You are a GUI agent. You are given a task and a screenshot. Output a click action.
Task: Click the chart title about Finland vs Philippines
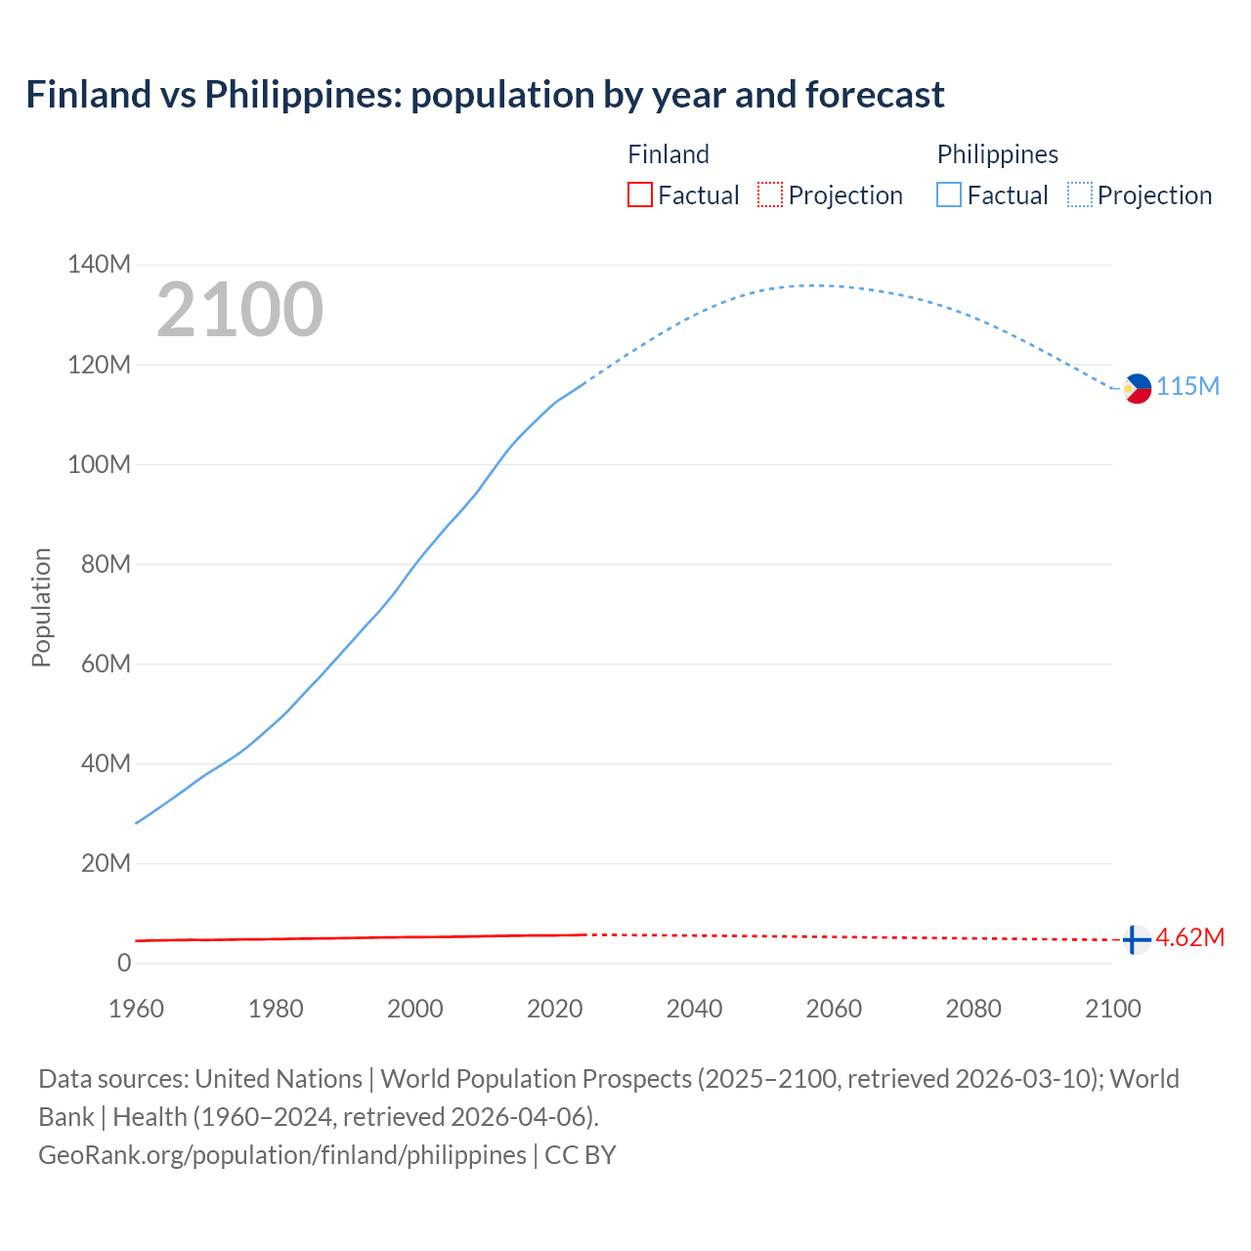485,95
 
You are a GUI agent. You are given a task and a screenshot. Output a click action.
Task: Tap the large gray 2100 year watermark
239,310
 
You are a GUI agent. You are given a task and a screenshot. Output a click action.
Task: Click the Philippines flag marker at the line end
1137,388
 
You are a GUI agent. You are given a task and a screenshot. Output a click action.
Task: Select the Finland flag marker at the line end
1135,940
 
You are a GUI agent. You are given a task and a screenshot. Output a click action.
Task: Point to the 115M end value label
1187,386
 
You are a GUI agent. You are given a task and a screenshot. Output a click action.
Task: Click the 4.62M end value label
1189,938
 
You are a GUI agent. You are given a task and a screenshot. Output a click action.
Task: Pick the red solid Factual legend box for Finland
639,195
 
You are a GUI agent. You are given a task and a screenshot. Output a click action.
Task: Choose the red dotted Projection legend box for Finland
770,195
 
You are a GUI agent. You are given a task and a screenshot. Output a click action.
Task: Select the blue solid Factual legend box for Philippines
948,195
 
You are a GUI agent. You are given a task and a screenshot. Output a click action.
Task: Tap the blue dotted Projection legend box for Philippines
1079,195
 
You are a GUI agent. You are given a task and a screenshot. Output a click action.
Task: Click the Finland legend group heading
668,154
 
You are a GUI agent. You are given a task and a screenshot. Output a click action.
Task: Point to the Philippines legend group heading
997,154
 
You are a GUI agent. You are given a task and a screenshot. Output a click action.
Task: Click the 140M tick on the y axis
99,264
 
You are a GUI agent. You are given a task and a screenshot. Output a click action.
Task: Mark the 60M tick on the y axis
106,664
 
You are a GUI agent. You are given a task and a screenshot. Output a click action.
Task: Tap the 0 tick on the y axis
123,963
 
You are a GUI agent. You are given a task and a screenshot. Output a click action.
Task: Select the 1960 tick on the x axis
136,1009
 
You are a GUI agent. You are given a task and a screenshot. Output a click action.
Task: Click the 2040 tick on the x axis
694,1009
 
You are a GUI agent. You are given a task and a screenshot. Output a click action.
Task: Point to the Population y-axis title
41,607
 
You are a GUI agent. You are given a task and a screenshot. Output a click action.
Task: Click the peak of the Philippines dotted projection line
816,285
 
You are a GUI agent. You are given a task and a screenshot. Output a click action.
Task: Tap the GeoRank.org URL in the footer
281,1155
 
